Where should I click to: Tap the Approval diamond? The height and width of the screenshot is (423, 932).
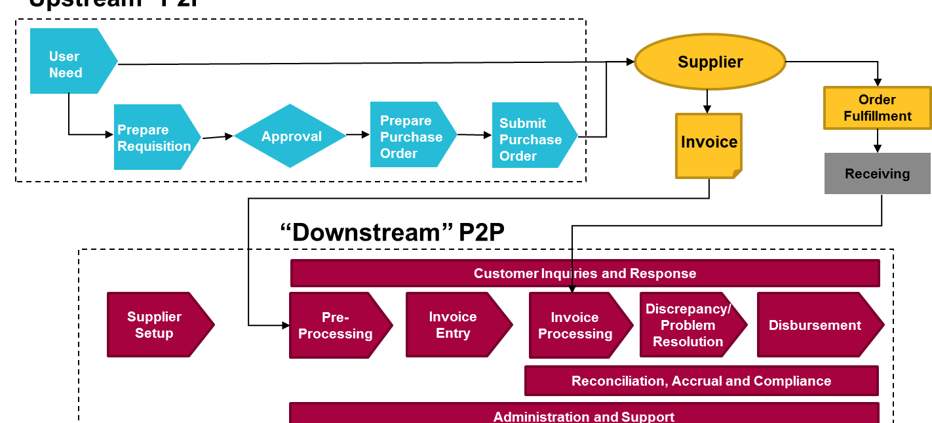(290, 136)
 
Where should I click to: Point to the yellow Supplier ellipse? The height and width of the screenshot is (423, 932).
(710, 62)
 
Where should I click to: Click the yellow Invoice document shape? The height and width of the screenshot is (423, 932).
(709, 144)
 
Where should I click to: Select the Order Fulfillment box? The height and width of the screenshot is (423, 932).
(877, 108)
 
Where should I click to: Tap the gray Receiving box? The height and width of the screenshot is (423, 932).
(877, 174)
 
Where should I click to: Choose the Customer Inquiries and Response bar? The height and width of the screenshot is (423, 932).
(585, 273)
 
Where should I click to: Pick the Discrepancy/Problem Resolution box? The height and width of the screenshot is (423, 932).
(689, 325)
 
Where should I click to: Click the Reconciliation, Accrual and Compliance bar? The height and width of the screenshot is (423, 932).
(701, 381)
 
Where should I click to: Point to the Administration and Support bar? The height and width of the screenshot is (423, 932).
(583, 414)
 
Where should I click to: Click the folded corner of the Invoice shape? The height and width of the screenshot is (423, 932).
(737, 174)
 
